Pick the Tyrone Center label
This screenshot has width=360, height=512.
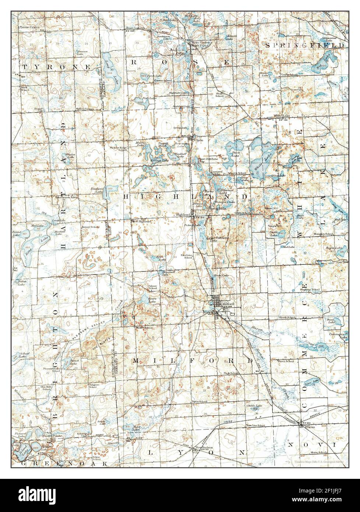point(29,28)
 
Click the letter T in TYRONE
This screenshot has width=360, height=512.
point(24,67)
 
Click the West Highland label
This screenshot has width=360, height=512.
point(141,221)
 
